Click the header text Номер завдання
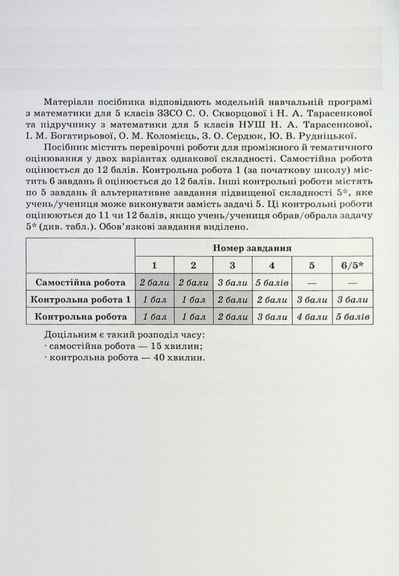point(252,247)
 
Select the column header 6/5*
point(348,264)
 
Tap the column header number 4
point(271,264)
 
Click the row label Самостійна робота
point(80,282)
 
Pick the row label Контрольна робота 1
point(80,300)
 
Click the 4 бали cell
point(309,317)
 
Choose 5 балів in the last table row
point(348,317)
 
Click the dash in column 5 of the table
point(309,282)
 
